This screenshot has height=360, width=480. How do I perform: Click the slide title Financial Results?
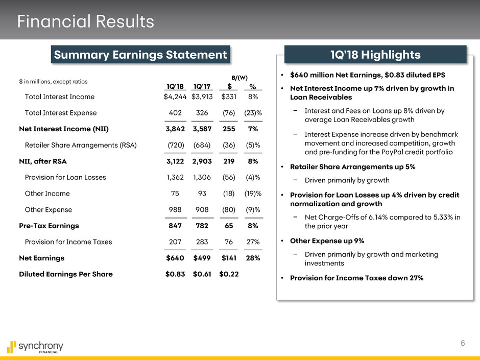[85, 21]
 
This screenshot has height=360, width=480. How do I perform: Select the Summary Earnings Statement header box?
[139, 55]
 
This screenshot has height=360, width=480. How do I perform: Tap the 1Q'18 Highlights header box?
[375, 55]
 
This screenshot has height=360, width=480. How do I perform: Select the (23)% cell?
[253, 112]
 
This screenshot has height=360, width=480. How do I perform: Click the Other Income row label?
[47, 194]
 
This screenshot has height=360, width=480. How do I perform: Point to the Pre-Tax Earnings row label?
[45, 225]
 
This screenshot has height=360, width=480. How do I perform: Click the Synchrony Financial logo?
[35, 348]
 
